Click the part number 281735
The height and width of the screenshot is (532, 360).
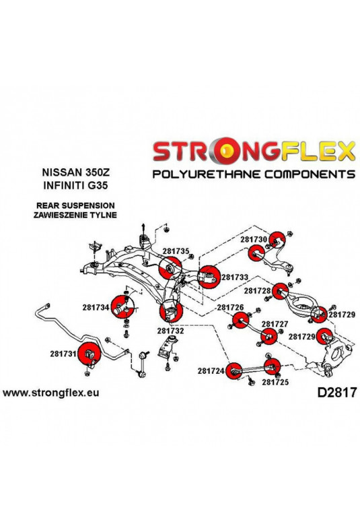pyautogui.click(x=175, y=251)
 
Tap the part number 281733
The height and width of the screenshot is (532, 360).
pyautogui.click(x=235, y=277)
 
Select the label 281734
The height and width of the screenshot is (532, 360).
pyautogui.click(x=96, y=307)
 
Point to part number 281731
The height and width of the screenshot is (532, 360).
pyautogui.click(x=63, y=354)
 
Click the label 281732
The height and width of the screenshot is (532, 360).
pyautogui.click(x=170, y=331)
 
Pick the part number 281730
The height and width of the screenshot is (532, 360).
pyautogui.click(x=254, y=239)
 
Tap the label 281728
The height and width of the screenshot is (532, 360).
pyautogui.click(x=257, y=291)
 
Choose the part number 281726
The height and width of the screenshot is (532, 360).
pyautogui.click(x=231, y=307)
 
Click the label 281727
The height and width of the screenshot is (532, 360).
pyautogui.click(x=275, y=324)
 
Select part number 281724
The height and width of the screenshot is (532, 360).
pyautogui.click(x=211, y=371)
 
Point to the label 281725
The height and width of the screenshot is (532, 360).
pyautogui.click(x=275, y=382)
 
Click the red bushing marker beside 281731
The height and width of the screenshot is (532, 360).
pyautogui.click(x=89, y=354)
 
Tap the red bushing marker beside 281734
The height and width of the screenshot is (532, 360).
pyautogui.click(x=122, y=306)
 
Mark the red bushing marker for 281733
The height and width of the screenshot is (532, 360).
pyautogui.click(x=209, y=277)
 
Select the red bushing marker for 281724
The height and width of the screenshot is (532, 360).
pyautogui.click(x=234, y=371)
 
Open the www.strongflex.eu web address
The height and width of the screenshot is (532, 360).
pyautogui.click(x=51, y=393)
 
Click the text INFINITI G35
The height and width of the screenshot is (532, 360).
pyautogui.click(x=75, y=186)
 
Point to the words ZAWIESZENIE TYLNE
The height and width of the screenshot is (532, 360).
pyautogui.click(x=75, y=215)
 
